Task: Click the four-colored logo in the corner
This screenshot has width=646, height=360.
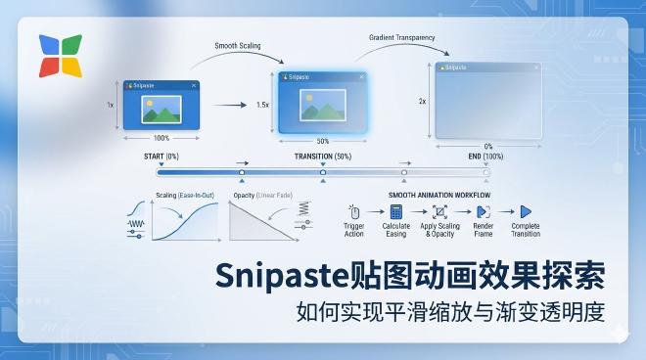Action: click(60, 57)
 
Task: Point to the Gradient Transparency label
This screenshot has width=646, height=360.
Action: click(401, 38)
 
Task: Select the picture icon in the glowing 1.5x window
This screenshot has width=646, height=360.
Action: click(322, 103)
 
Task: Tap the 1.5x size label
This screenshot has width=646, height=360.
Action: click(262, 104)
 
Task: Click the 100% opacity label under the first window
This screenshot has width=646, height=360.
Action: click(161, 138)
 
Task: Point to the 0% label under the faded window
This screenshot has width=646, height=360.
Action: click(488, 146)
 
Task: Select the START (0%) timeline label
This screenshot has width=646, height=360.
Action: click(161, 157)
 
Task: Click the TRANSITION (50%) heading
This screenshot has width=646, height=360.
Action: click(323, 157)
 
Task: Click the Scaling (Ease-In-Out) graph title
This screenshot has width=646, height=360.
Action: click(188, 195)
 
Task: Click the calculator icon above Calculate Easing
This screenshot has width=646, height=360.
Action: click(396, 211)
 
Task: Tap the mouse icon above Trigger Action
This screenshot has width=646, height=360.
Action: click(354, 211)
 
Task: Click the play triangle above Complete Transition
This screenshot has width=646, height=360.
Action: click(525, 211)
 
